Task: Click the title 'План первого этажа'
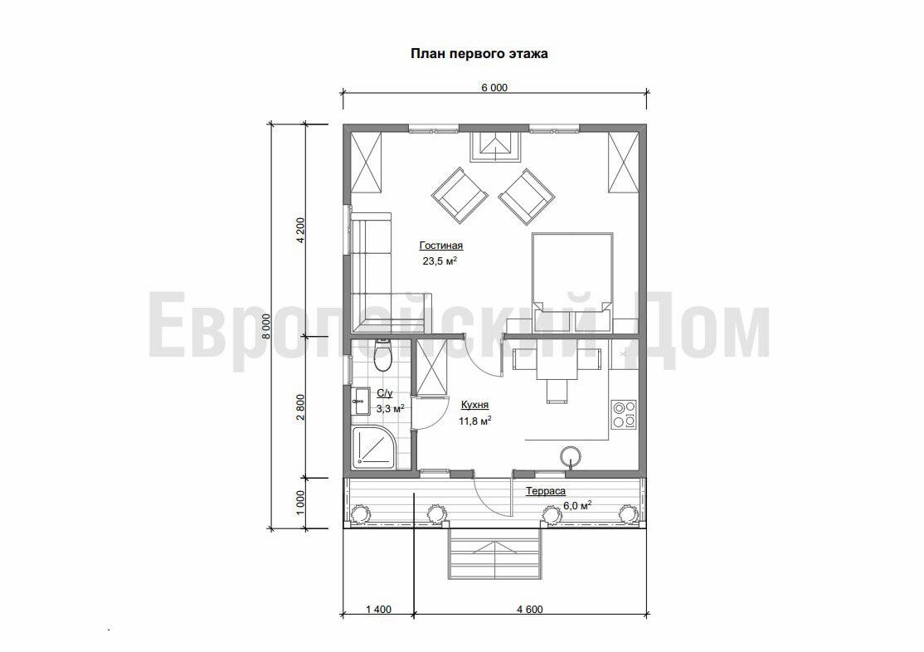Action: [479, 54]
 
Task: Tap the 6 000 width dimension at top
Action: [494, 88]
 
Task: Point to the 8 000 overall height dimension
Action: [265, 326]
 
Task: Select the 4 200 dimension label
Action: [300, 231]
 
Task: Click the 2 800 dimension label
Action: [300, 406]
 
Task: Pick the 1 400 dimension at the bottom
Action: [378, 610]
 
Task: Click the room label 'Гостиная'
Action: [440, 246]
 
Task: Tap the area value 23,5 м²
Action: [440, 260]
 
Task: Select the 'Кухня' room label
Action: [474, 406]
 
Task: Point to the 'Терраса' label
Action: [546, 491]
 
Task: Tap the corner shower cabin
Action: [375, 448]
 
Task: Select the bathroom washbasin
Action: [359, 401]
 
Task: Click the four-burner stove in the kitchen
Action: [624, 414]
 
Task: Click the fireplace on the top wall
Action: [495, 146]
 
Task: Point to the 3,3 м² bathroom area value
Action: [390, 408]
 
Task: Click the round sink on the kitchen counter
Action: [571, 457]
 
